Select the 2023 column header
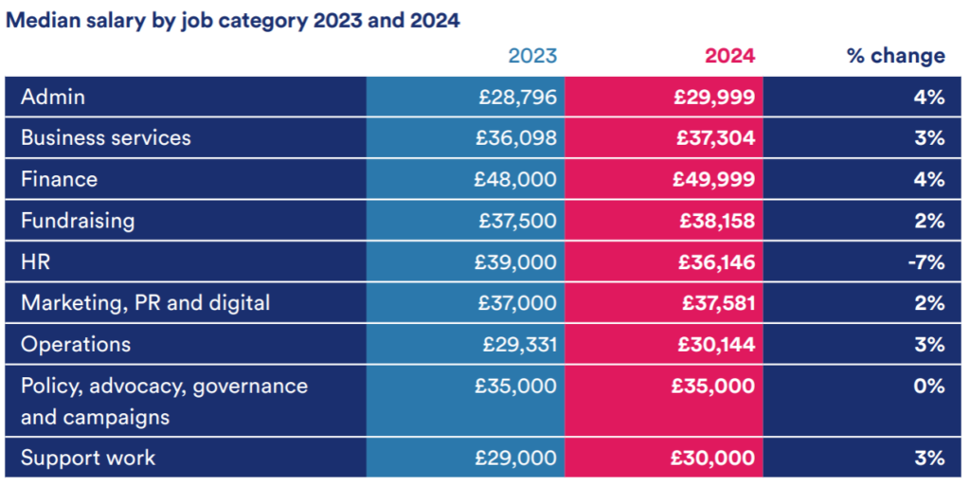[532, 56]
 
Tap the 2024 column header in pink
[729, 56]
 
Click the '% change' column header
[895, 56]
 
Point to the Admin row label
[53, 97]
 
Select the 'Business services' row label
[105, 138]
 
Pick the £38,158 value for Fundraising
[717, 221]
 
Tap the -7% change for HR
[925, 262]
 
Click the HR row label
[35, 262]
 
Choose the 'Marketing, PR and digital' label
[145, 303]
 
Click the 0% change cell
[929, 387]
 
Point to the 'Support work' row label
[88, 459]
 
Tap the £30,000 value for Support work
[714, 459]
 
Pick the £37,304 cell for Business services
[715, 138]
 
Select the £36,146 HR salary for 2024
[716, 262]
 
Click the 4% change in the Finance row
[929, 179]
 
